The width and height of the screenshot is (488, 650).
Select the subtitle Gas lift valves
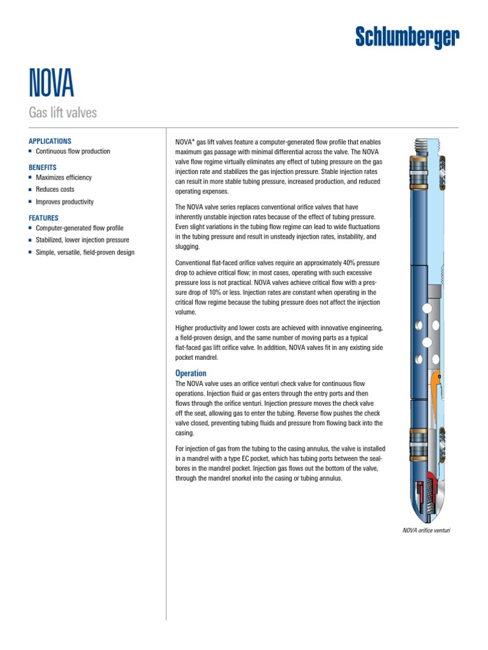point(63,114)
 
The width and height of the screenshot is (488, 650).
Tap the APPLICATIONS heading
point(50,142)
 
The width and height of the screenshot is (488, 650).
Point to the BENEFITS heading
point(43,167)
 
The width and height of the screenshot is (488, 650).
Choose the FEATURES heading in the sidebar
point(43,218)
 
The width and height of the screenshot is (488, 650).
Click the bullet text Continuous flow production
point(72,152)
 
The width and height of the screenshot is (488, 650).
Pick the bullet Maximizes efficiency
point(64,177)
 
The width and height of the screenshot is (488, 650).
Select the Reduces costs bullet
point(55,190)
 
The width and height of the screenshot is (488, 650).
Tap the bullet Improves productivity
point(64,202)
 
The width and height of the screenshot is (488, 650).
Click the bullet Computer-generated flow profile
point(79,228)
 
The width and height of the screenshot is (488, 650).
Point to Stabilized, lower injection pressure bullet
point(82,240)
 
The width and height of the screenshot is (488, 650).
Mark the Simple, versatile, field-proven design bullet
point(85,253)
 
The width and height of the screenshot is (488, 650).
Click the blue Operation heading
point(191,373)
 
